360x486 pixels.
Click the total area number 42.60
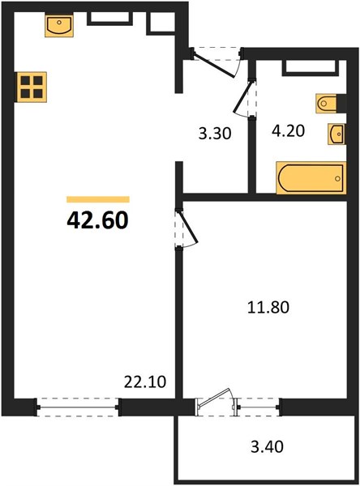97,220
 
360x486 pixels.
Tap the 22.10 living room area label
145,382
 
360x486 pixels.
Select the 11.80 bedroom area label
268,308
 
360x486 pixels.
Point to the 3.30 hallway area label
215,134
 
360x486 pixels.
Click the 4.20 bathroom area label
288,130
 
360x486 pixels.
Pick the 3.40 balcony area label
267,447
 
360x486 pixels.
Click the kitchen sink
59,25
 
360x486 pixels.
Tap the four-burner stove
32,87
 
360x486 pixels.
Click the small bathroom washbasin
336,134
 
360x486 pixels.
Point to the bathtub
311,178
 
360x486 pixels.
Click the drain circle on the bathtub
337,178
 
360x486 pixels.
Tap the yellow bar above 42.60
98,199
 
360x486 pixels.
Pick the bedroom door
187,228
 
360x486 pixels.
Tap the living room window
78,407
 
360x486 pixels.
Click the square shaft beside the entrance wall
161,23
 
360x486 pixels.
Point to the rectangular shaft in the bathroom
311,67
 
